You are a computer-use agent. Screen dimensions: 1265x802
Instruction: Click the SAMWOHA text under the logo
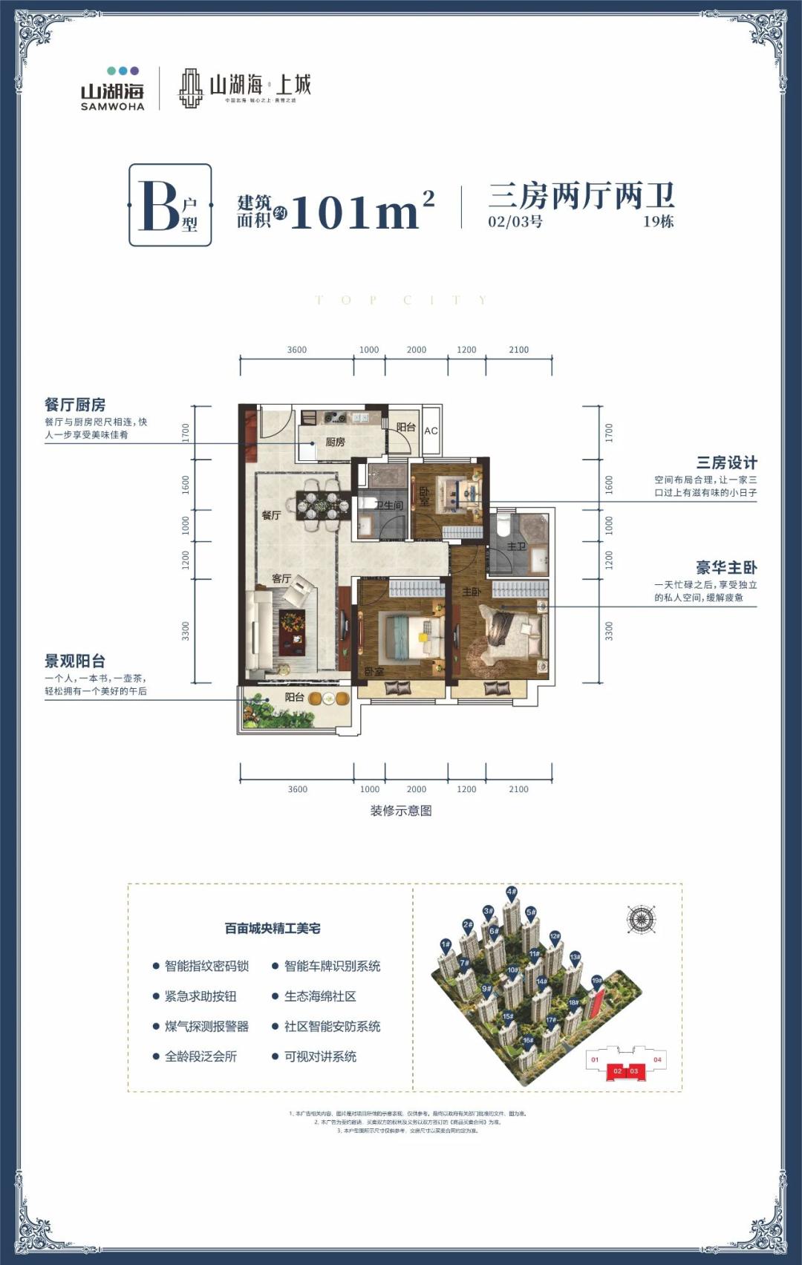(x=112, y=107)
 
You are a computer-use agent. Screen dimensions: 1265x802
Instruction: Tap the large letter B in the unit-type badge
(x=158, y=206)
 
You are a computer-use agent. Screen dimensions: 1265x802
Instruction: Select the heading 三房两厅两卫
(x=581, y=196)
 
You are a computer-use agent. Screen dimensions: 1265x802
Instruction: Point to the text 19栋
(x=658, y=221)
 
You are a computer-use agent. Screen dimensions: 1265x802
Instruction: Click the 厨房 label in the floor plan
(x=335, y=442)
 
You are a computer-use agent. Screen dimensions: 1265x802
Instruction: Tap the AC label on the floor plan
(x=431, y=431)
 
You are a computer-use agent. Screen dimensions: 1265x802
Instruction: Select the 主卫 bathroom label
(x=516, y=546)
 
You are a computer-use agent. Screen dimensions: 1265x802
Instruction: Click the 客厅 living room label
(x=281, y=578)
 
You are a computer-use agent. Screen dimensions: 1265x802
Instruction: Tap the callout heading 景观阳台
(x=75, y=661)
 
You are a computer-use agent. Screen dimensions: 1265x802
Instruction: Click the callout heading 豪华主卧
(x=726, y=568)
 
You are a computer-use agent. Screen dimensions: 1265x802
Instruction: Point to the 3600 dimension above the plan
(x=297, y=350)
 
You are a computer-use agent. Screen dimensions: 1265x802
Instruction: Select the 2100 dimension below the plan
(x=518, y=789)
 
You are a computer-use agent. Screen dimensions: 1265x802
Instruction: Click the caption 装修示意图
(x=401, y=811)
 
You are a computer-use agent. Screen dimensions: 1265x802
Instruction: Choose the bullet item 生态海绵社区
(x=320, y=996)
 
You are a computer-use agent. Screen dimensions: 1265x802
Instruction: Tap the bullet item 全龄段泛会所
(x=200, y=1056)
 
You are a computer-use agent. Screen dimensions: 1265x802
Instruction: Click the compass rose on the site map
(x=640, y=920)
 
